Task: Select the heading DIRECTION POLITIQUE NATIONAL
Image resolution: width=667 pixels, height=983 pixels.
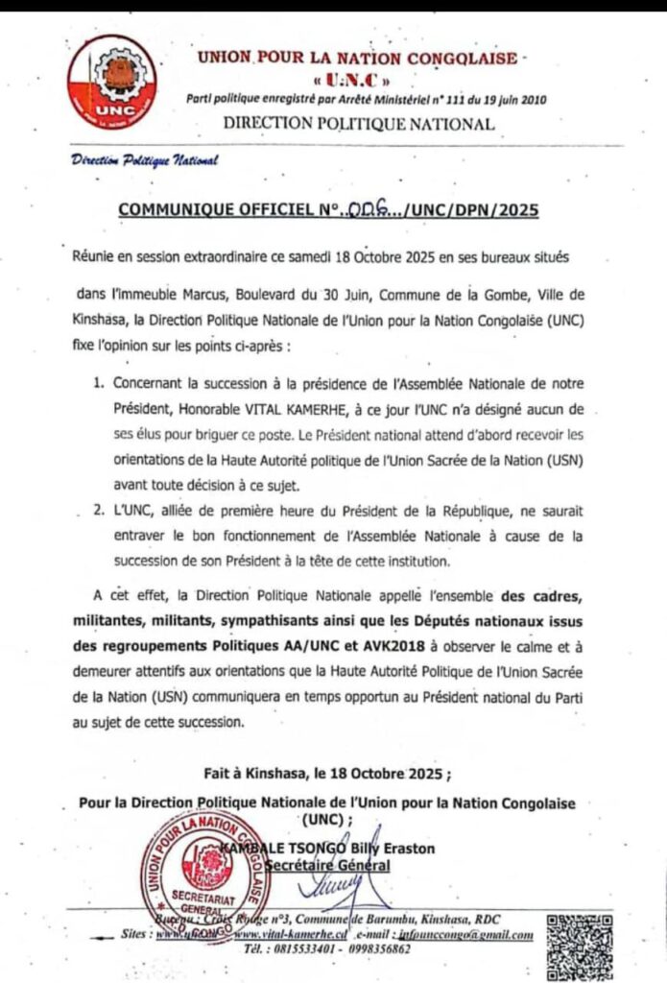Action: pos(359,123)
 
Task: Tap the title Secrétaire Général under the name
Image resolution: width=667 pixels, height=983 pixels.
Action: pos(332,865)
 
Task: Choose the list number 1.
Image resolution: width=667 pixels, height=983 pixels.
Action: pos(98,384)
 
